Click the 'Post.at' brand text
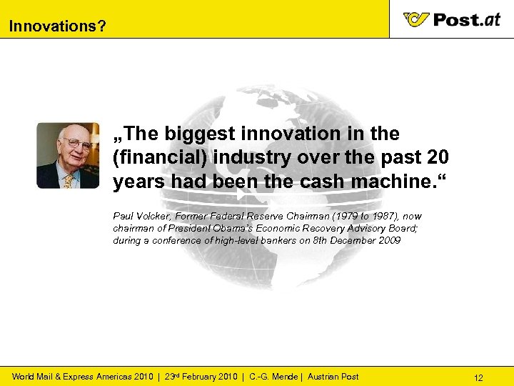click(467, 19)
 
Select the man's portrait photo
click(68, 155)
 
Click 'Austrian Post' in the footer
click(333, 377)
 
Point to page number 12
click(478, 377)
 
